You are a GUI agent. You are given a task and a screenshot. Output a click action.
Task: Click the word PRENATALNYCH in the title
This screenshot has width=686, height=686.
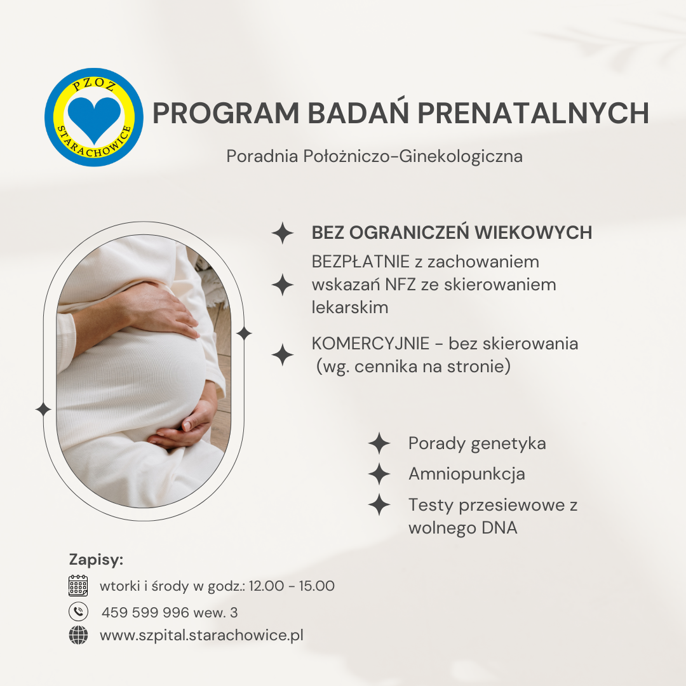[x=533, y=113]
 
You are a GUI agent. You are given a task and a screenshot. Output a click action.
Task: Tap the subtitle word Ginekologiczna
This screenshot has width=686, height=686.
[x=461, y=157]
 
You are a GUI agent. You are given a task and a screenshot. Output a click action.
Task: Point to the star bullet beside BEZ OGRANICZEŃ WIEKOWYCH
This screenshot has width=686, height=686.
[x=283, y=232]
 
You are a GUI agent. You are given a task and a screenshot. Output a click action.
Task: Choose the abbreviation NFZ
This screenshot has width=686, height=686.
[x=400, y=285]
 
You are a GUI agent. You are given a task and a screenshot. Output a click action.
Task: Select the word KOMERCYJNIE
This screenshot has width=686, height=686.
[x=370, y=344]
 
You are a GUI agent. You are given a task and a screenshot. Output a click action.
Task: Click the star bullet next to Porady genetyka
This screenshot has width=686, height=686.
[x=379, y=443]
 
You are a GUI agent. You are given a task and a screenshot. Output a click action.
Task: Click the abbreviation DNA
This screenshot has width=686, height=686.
[x=499, y=528]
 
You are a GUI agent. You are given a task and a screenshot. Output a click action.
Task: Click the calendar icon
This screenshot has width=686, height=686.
[x=78, y=586]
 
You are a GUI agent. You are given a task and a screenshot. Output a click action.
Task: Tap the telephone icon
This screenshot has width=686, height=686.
[x=78, y=612]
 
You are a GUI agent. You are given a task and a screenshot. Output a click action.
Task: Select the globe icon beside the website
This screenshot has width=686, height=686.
[x=78, y=635]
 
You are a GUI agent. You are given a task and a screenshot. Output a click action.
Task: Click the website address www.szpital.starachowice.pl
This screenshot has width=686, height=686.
[x=202, y=635]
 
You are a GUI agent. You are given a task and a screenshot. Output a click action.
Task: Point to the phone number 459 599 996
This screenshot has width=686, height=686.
[x=145, y=612]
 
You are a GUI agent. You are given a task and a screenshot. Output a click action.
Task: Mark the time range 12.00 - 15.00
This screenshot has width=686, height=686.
[x=292, y=586]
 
